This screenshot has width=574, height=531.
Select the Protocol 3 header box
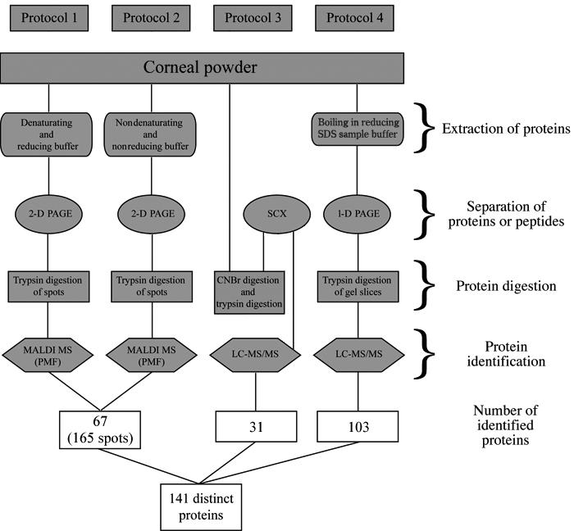[x=253, y=17]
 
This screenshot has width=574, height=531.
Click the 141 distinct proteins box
[x=202, y=500]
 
